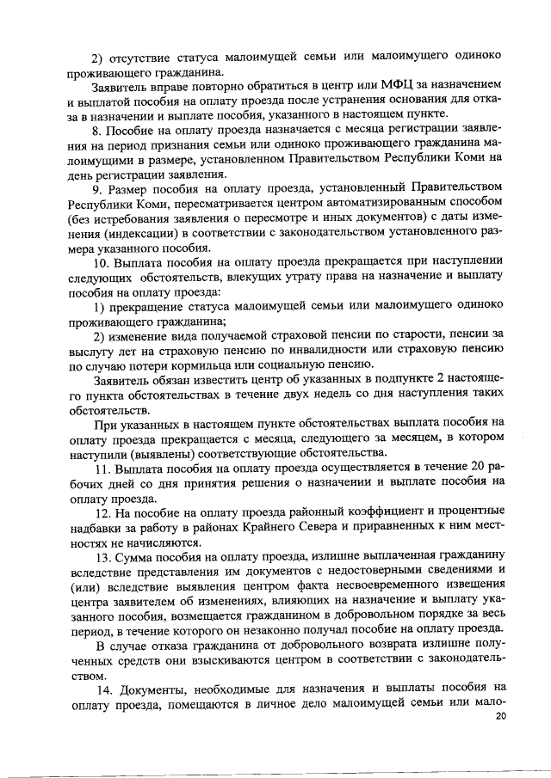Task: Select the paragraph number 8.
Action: click(x=96, y=130)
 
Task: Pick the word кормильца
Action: click(x=212, y=365)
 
